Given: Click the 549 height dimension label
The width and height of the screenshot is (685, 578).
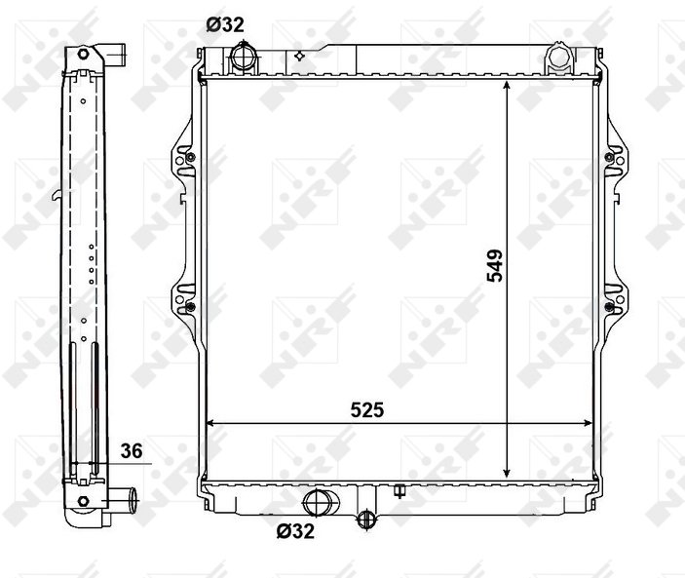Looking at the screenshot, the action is [495, 266].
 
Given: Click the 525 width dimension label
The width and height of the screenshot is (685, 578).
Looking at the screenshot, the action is [367, 409].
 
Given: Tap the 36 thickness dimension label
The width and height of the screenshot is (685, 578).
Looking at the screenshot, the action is [132, 451].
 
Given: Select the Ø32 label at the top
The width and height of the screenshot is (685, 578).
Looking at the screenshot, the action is [225, 25].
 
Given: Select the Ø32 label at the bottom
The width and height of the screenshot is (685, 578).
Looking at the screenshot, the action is [295, 531].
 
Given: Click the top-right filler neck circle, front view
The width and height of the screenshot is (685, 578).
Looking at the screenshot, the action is [559, 58].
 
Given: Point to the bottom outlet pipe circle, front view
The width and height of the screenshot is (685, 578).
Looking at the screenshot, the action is [318, 502].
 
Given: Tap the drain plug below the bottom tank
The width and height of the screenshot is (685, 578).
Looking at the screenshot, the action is [366, 519].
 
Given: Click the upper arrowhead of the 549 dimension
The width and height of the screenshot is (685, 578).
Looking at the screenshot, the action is [507, 85].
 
